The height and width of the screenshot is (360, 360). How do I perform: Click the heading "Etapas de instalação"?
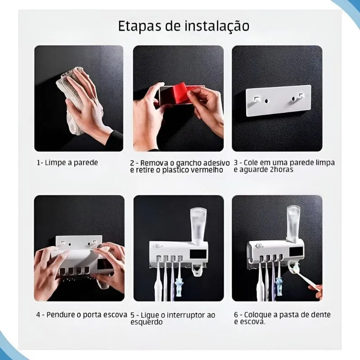click(x=184, y=25)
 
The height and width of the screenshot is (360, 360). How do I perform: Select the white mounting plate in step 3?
click(x=278, y=101)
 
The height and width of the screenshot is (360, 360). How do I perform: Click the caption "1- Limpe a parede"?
click(x=67, y=162)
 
